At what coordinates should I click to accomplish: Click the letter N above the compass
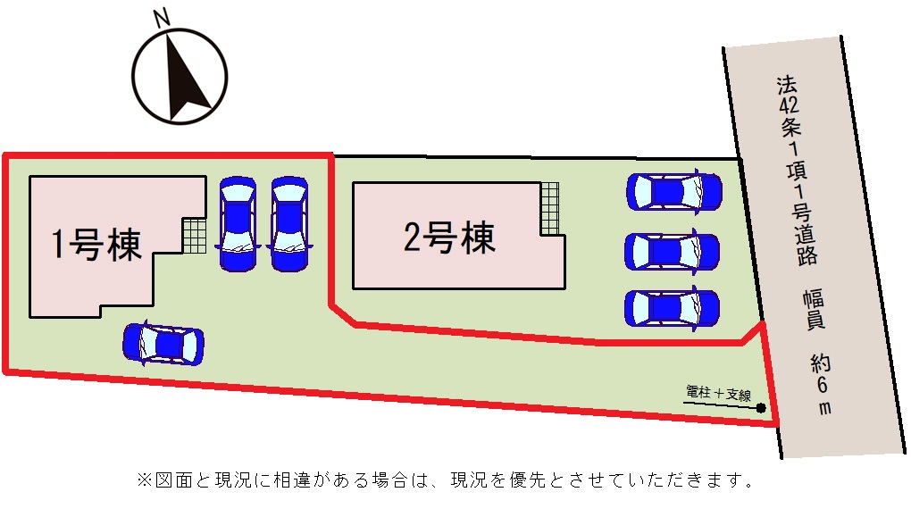[162, 18]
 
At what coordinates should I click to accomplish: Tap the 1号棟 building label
[96, 243]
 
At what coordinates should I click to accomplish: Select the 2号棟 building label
[449, 238]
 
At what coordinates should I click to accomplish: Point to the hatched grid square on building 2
[550, 209]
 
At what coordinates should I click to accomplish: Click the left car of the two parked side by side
[238, 223]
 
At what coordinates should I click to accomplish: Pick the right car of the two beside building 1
[289, 223]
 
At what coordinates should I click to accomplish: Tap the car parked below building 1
[163, 343]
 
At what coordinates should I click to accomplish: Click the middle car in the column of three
[672, 251]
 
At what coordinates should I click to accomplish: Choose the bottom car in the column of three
[672, 307]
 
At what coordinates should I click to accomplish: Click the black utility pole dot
[761, 409]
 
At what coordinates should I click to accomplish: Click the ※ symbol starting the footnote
[143, 481]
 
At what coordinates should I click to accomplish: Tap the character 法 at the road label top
[785, 86]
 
